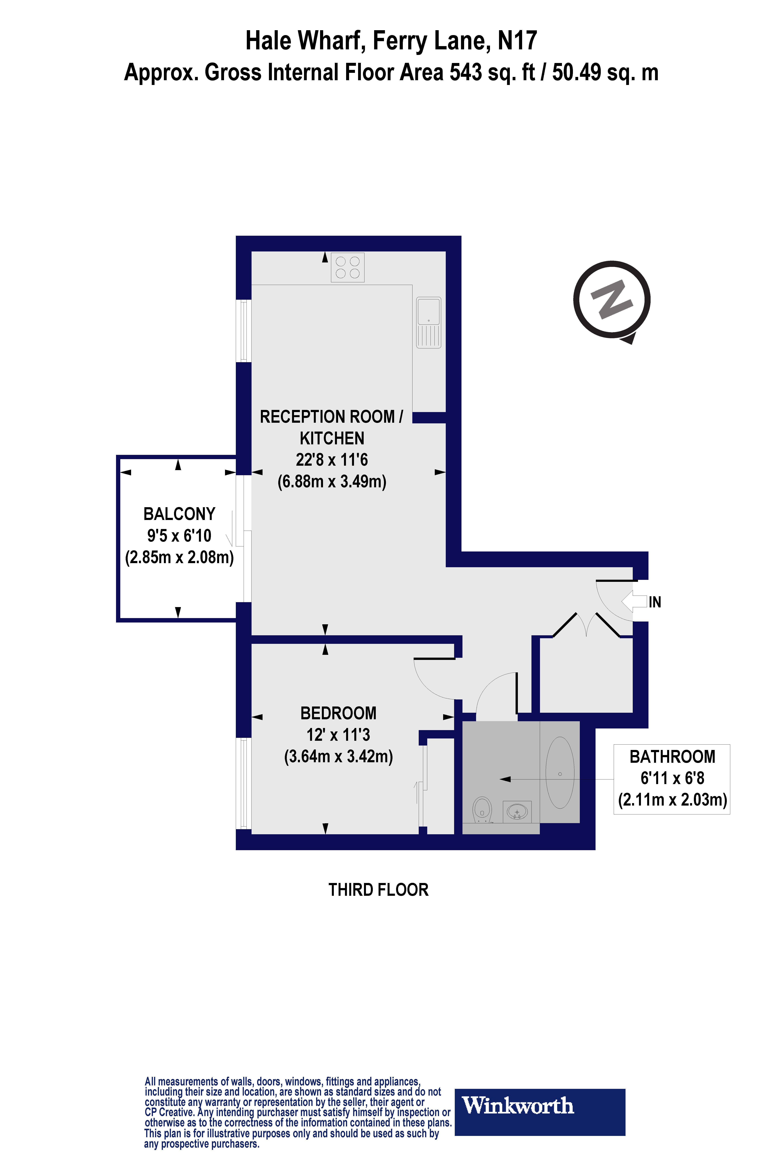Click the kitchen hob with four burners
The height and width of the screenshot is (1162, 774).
point(348,267)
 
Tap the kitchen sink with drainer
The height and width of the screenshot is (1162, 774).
point(429,322)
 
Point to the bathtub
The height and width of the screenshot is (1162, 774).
point(560,773)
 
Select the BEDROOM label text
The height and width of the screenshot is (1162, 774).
point(338,713)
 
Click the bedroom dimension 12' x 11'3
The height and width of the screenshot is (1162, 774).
point(338,735)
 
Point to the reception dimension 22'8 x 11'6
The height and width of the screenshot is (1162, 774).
point(332,460)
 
